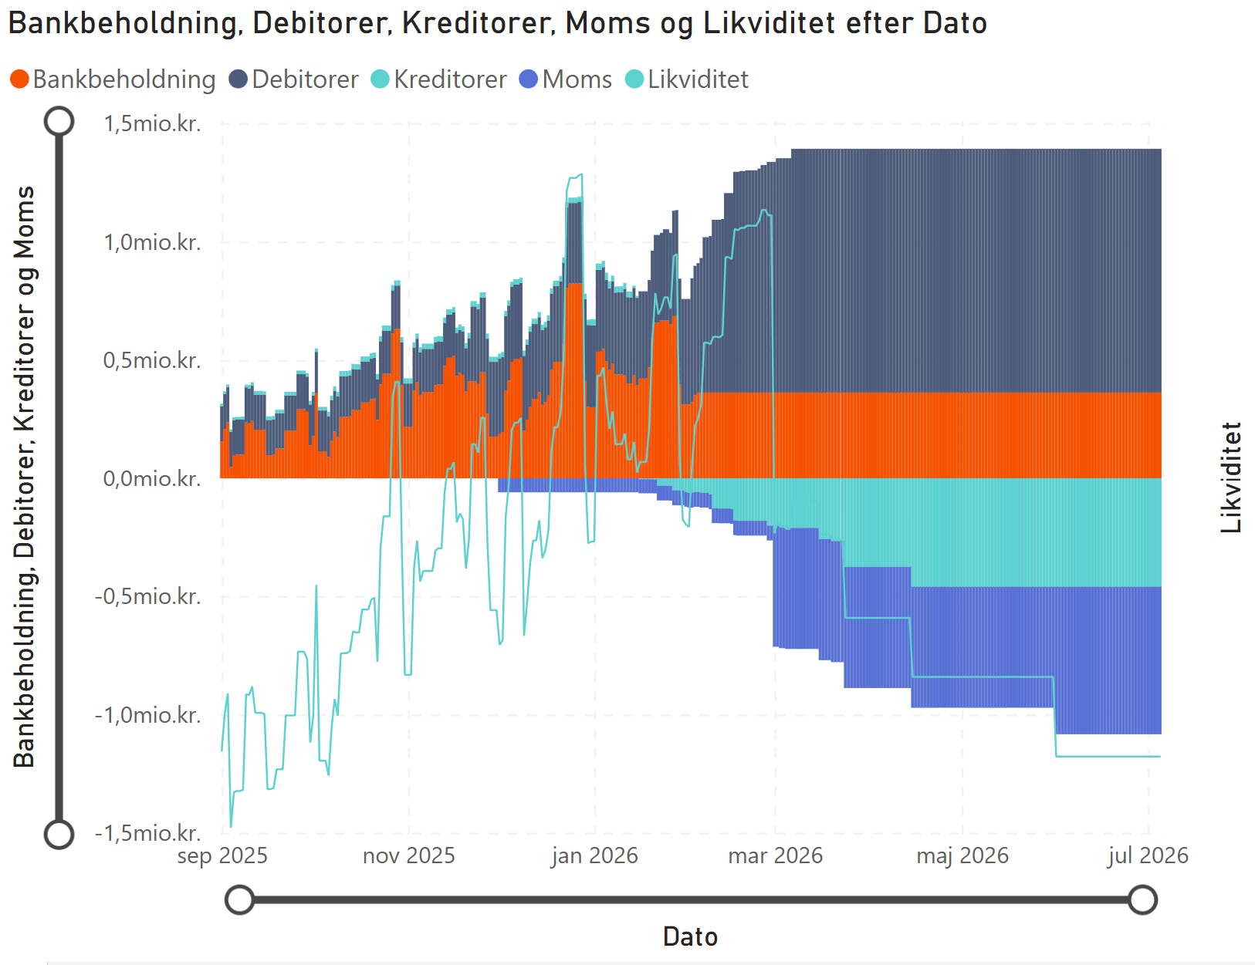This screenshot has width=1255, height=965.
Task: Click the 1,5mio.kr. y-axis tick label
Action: (x=152, y=123)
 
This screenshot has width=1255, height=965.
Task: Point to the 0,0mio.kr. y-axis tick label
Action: (x=152, y=478)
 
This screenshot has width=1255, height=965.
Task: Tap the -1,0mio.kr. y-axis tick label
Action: (x=148, y=715)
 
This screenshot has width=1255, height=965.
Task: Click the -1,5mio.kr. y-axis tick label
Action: (x=148, y=833)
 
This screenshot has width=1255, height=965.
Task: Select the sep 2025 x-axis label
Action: (x=222, y=855)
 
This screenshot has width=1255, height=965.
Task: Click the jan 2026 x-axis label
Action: (x=594, y=855)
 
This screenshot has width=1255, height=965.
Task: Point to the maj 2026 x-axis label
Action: (x=962, y=855)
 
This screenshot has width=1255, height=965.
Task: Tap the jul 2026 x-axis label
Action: (x=1148, y=855)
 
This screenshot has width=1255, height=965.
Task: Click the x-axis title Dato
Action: (x=690, y=936)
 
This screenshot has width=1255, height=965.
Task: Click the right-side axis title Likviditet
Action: (x=1231, y=477)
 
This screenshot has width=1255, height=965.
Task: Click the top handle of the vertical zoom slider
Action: (x=59, y=121)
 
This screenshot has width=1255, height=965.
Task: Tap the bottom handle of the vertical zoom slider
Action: (x=59, y=834)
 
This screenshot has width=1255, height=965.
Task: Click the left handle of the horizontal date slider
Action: (x=240, y=899)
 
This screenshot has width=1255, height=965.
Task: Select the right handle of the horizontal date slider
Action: (x=1142, y=899)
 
